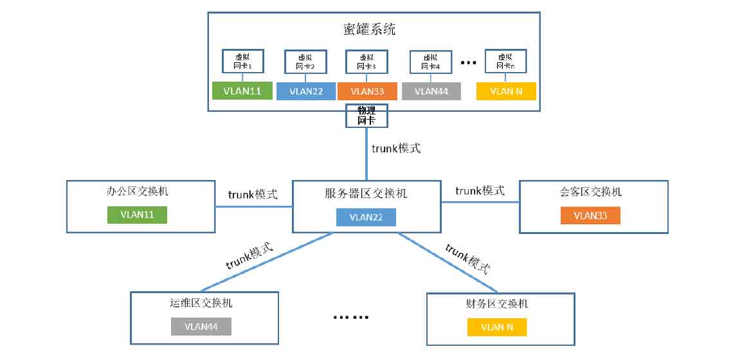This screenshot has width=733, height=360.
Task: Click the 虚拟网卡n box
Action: [x=506, y=62]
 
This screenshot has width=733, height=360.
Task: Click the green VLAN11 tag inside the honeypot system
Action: [x=242, y=91]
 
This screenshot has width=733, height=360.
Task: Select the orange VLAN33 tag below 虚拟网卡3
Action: [x=367, y=91]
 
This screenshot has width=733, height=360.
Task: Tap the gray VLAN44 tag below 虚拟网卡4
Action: [x=431, y=91]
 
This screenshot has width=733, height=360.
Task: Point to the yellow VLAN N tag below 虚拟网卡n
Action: [x=506, y=91]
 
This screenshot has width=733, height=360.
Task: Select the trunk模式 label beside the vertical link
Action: [x=396, y=148]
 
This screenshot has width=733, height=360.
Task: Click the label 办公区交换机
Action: [x=138, y=192]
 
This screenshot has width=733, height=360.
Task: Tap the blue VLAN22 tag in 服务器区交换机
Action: [x=366, y=217]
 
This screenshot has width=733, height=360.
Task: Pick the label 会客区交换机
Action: [x=590, y=192]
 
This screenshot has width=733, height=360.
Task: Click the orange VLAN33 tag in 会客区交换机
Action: [x=590, y=215]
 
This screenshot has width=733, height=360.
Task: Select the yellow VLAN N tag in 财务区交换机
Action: [x=496, y=327]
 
